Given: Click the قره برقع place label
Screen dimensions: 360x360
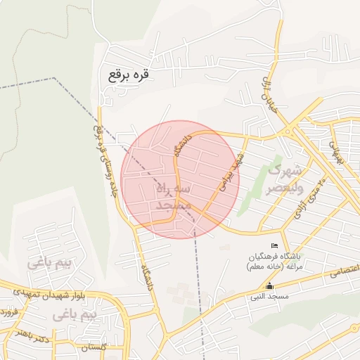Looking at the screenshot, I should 129,73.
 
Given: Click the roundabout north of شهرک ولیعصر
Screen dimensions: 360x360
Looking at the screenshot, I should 288,131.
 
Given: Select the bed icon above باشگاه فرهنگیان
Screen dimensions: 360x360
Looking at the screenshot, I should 274,245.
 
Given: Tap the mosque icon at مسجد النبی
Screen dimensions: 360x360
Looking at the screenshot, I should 269,286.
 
